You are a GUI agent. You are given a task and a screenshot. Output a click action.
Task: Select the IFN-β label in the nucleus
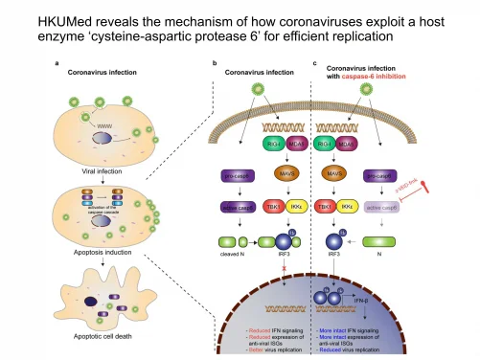(359, 301)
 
